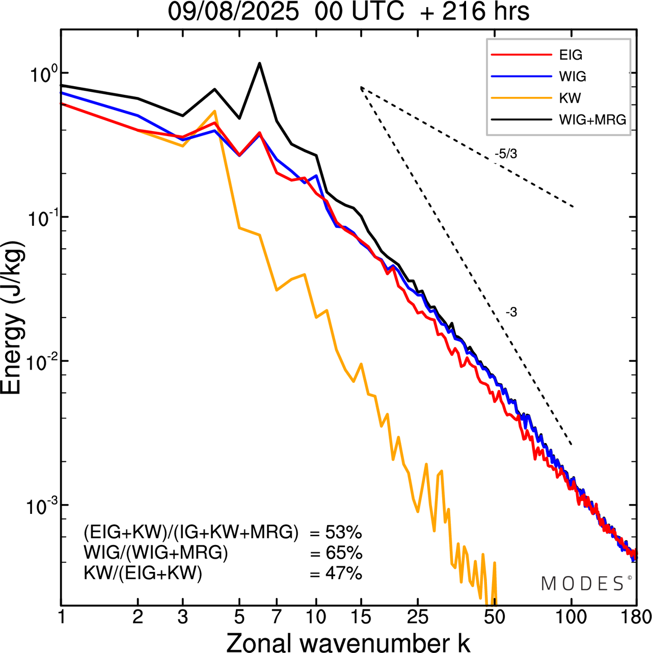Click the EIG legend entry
(570, 55)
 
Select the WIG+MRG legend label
(592, 120)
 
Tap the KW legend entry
(570, 98)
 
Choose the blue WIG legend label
(573, 76)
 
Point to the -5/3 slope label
(506, 153)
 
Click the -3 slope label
(511, 312)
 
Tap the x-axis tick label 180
(636, 617)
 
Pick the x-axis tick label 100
(572, 617)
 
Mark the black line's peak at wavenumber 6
(260, 63)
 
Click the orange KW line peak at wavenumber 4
(214, 111)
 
